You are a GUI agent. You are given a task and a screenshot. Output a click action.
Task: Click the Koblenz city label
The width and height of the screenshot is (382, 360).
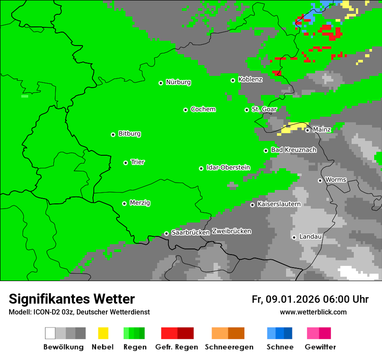[x=250, y=79]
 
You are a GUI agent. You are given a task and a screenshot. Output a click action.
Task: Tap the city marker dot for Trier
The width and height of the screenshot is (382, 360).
[x=125, y=163]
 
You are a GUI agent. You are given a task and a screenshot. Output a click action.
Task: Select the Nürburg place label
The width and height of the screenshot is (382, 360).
[x=178, y=82]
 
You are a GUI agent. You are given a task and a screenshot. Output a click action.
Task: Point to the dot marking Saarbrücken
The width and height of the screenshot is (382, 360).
[x=166, y=233]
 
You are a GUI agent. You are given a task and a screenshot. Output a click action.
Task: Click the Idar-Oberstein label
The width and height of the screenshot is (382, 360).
[x=228, y=167]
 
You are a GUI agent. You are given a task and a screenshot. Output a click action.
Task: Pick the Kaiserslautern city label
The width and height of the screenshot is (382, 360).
[x=279, y=204]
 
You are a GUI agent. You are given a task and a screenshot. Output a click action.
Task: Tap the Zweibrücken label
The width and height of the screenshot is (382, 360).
[x=231, y=231]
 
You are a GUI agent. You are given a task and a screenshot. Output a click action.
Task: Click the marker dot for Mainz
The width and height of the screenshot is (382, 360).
[x=307, y=130]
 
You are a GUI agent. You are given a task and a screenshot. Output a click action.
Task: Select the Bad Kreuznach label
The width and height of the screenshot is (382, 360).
[x=293, y=150]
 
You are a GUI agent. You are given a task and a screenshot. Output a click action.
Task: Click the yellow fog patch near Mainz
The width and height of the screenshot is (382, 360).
[x=293, y=128]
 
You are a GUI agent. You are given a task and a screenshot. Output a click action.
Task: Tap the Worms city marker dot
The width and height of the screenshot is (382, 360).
[x=320, y=180]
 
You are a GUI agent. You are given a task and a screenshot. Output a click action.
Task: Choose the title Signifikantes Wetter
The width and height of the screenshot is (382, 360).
[x=72, y=299]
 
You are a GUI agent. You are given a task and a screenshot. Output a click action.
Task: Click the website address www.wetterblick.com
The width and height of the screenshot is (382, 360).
[x=313, y=312]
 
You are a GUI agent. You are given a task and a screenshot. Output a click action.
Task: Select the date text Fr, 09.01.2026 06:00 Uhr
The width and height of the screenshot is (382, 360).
[x=310, y=299]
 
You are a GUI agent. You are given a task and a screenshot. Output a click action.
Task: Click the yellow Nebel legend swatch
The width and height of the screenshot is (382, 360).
[x=103, y=333]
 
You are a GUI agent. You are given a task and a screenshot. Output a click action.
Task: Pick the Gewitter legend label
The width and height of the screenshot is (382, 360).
[x=320, y=347]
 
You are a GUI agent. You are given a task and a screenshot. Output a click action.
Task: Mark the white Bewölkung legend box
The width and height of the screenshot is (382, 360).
[x=50, y=333]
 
